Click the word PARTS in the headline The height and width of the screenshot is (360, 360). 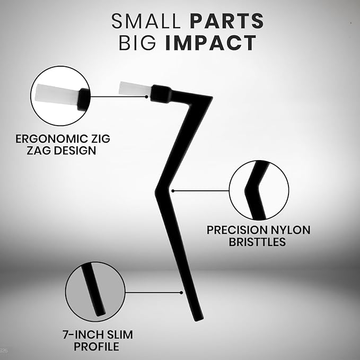[227, 21]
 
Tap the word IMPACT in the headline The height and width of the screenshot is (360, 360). [210, 43]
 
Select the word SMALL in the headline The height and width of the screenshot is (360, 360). [146, 21]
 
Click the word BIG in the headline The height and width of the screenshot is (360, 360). [137, 43]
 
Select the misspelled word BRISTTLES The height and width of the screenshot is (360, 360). [257, 242]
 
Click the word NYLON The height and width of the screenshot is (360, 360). [290, 230]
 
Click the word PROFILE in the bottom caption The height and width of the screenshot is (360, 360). [96, 346]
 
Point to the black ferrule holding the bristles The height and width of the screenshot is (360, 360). [161, 93]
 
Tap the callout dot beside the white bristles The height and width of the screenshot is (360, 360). [146, 96]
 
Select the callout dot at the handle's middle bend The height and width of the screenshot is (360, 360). [173, 191]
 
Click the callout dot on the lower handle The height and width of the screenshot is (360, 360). [181, 293]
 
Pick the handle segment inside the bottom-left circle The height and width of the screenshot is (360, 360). [93, 289]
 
